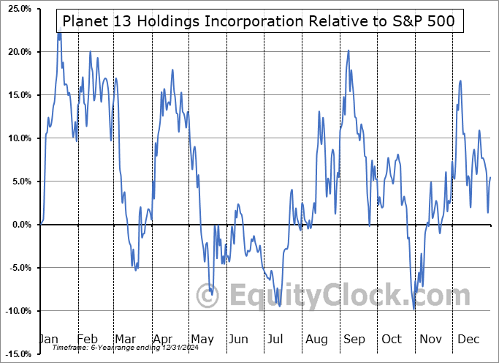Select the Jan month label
pyautogui.click(x=47, y=339)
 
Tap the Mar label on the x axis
pyautogui.click(x=125, y=339)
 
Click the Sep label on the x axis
pyautogui.click(x=354, y=339)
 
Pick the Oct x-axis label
pyautogui.click(x=392, y=339)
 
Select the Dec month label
pyautogui.click(x=468, y=339)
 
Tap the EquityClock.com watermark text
pyautogui.click(x=340, y=296)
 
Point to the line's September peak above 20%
pyautogui.click(x=348, y=50)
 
